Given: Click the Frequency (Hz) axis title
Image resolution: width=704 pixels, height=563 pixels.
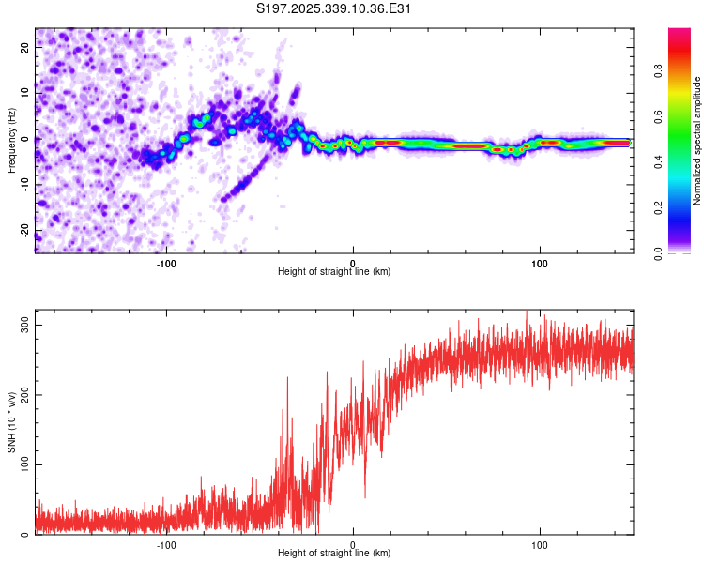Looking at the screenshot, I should (11, 140).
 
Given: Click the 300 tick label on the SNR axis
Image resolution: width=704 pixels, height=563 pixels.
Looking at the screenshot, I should (23, 325).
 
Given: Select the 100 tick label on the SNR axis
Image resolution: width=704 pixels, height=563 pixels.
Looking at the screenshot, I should (23, 464).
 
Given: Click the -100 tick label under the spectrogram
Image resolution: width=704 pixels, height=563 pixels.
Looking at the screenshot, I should (166, 263).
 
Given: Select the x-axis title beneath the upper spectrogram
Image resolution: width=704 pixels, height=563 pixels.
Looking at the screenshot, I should (334, 272).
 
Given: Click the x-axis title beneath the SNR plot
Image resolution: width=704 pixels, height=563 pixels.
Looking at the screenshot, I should (334, 554).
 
